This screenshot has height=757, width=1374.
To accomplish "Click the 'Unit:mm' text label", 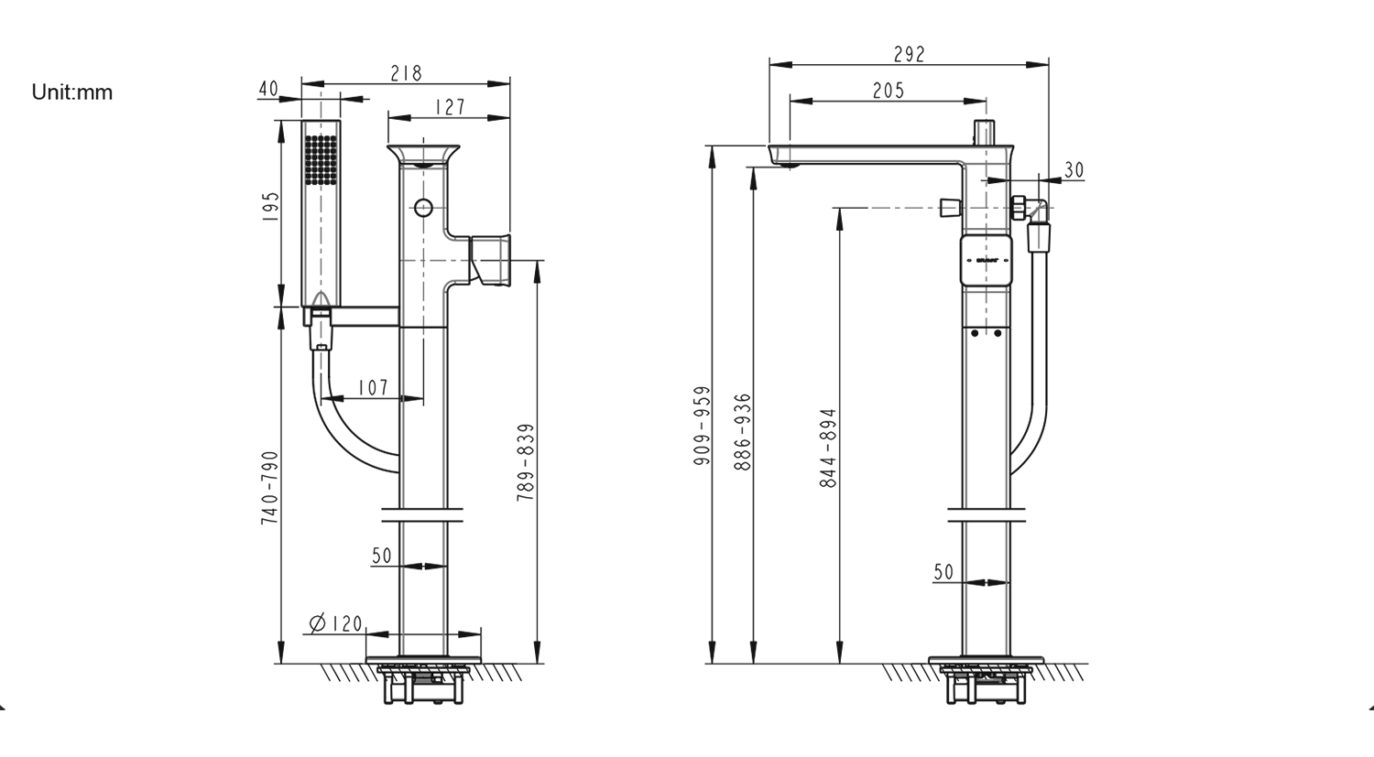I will click(72, 92).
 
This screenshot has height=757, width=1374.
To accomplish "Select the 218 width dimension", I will click(406, 73).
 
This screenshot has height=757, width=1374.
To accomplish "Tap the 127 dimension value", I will click(450, 106).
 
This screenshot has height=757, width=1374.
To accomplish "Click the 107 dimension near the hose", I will click(373, 388).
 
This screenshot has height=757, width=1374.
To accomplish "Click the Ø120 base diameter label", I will click(336, 623).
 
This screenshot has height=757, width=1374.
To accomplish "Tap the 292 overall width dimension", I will click(909, 55).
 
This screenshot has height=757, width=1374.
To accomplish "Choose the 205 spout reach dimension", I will click(888, 90).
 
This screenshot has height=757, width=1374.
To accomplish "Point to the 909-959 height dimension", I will click(703, 426).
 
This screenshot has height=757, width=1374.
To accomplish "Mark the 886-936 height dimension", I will click(743, 432).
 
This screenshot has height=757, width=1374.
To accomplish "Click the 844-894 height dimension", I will click(828, 448).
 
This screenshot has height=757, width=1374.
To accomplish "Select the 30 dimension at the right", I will click(1074, 170).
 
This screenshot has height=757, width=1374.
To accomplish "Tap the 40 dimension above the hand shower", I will click(268, 89).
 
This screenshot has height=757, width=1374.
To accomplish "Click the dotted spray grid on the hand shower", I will click(321, 161).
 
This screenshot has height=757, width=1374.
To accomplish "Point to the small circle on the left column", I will click(422, 208).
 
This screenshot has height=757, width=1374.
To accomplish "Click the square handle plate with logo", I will click(986, 261).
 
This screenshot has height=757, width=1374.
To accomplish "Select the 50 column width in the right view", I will click(943, 572).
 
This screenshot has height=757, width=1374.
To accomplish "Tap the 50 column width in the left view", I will click(382, 556).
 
